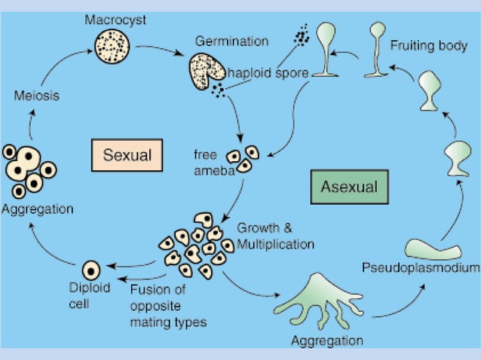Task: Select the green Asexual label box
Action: (x=348, y=186)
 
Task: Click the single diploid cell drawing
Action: (x=91, y=268)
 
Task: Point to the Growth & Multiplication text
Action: (x=275, y=235)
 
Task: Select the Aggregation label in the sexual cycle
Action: (x=38, y=209)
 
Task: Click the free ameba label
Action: (x=209, y=161)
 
